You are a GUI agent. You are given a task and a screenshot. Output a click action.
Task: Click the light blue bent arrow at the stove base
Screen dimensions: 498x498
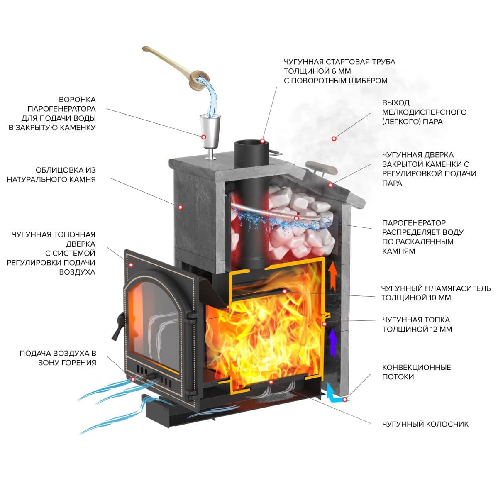[x=334, y=394]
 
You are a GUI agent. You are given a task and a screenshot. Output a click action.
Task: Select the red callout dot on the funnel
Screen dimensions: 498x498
[x=204, y=137]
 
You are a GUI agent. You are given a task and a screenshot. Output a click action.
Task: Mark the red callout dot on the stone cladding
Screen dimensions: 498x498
[x=181, y=206]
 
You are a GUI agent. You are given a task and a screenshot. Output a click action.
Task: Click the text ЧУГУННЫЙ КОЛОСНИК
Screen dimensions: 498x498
[x=425, y=424]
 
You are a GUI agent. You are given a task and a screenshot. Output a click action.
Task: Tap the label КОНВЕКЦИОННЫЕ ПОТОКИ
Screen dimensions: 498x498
[x=416, y=372]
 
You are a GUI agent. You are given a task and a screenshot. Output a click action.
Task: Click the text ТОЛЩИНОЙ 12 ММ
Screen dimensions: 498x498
[x=417, y=330]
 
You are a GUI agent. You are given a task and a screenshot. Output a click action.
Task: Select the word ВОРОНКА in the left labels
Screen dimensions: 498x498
[x=77, y=100]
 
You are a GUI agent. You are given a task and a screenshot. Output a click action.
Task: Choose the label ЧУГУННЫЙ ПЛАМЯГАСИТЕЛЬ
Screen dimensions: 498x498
[x=436, y=288]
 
